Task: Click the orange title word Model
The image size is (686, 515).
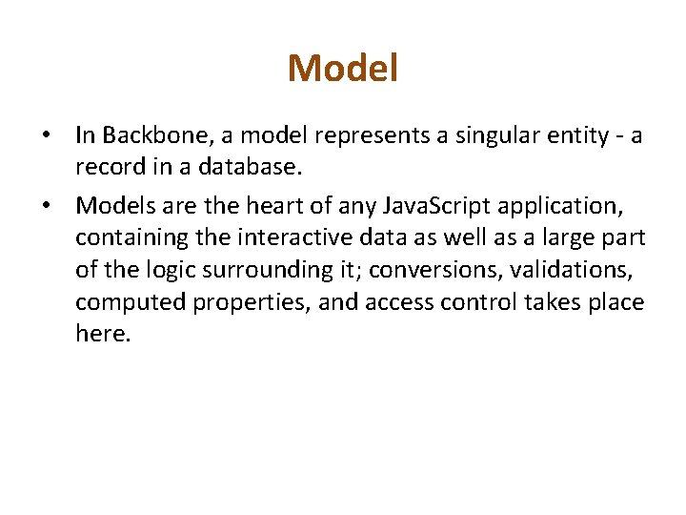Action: tap(343, 68)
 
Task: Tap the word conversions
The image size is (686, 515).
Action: tap(434, 270)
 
